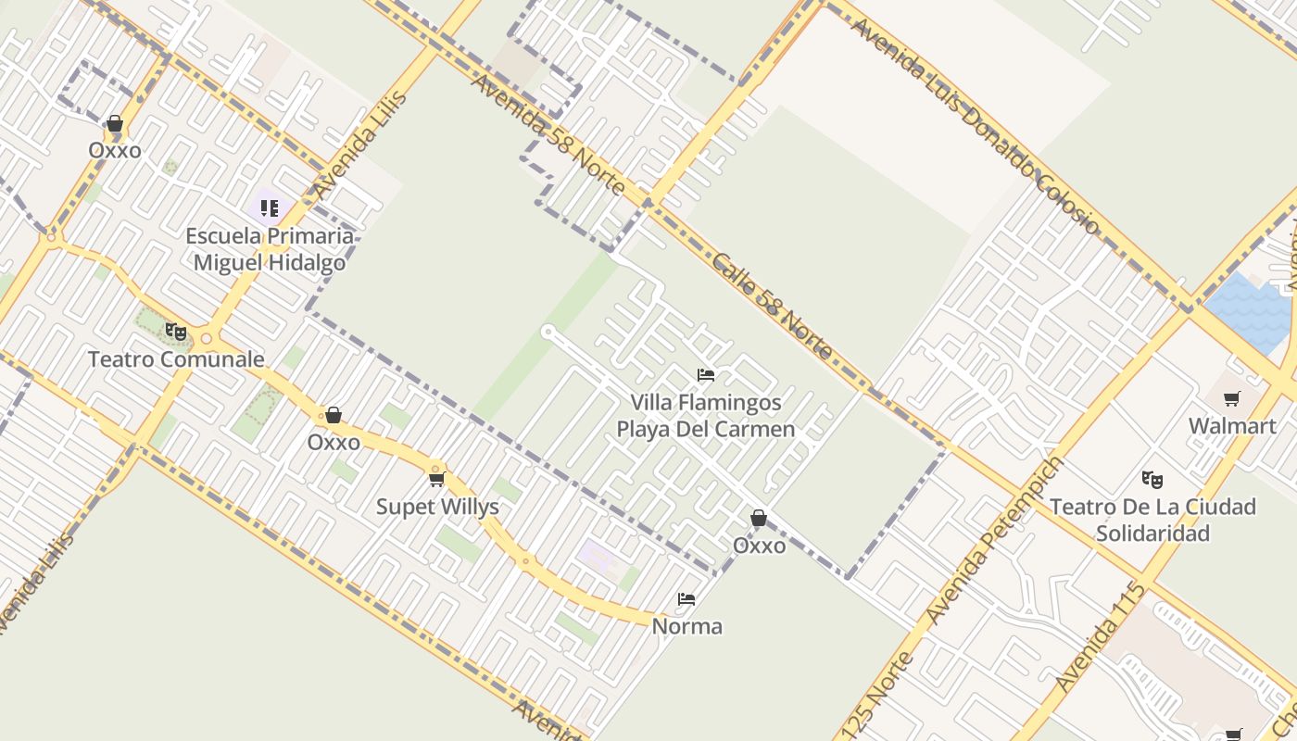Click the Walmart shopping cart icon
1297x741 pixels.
click(x=1231, y=399)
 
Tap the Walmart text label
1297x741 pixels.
click(x=1232, y=426)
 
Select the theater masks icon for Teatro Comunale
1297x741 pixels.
click(x=175, y=332)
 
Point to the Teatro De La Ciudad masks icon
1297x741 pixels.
click(x=1152, y=480)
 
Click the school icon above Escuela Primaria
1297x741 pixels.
click(x=270, y=208)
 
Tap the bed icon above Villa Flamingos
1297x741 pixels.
click(x=706, y=375)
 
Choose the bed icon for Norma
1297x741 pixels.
click(x=686, y=599)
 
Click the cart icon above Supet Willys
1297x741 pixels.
click(x=437, y=479)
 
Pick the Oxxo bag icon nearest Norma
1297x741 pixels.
click(x=758, y=519)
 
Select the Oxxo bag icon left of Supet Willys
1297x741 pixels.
click(x=334, y=416)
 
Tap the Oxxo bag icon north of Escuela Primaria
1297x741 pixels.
click(x=115, y=124)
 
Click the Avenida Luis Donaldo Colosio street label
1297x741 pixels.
click(x=974, y=126)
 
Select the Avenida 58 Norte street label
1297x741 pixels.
click(x=548, y=134)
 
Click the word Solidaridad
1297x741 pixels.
click(x=1152, y=534)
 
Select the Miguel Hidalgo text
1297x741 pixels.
click(x=270, y=263)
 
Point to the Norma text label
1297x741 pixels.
click(x=687, y=627)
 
